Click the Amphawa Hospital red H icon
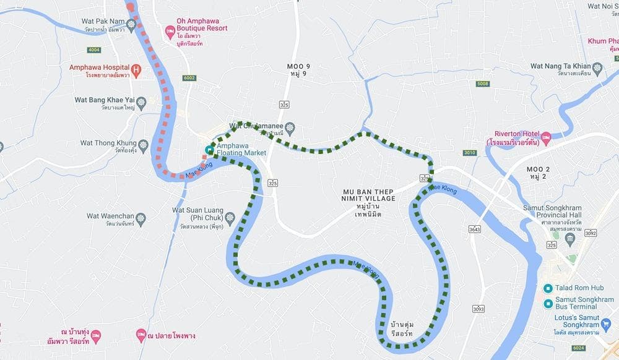coord(136,69)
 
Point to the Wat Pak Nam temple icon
coord(131,24)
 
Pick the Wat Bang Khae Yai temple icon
coord(142,101)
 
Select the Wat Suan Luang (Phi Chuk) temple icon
coord(230,218)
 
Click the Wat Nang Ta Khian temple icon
coord(597,67)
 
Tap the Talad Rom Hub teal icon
coord(547,288)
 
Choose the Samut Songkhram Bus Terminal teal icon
coord(547,303)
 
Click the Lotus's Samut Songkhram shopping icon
coord(605,321)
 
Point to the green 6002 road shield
coord(189,77)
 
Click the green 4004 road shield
coord(94,49)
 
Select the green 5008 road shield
coord(483,83)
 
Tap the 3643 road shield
coord(475,229)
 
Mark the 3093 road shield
coord(478,308)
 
